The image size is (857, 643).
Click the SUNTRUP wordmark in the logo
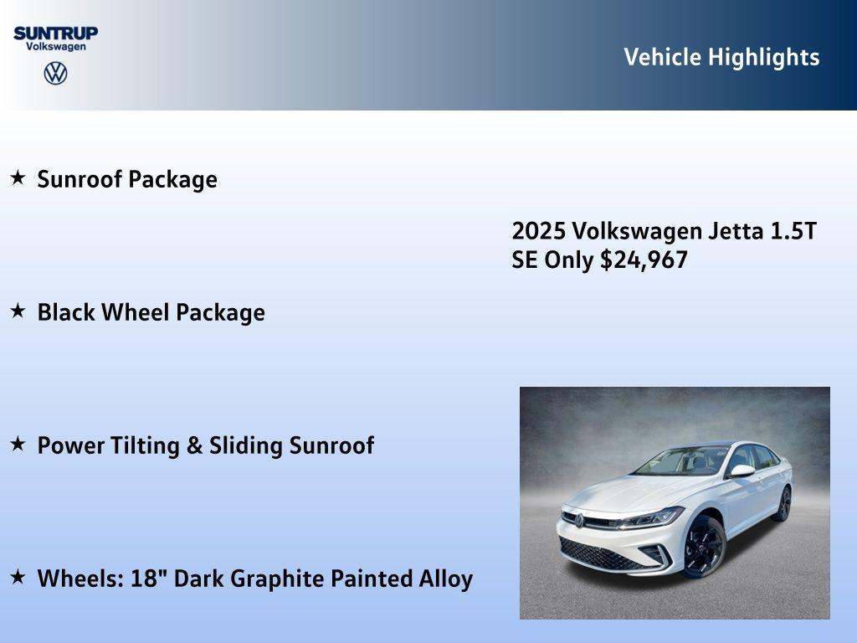point(55,33)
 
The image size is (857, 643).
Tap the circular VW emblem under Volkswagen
point(55,74)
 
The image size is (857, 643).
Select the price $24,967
point(644,260)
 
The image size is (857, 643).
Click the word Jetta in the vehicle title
point(734,231)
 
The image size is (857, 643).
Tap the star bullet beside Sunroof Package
point(18,177)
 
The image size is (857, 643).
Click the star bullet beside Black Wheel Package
point(18,311)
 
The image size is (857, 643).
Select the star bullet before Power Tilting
point(18,444)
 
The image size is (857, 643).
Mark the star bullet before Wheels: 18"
point(18,577)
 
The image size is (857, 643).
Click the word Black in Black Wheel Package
point(66,312)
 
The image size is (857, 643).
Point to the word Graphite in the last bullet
point(279,579)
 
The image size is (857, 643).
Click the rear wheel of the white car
point(783,503)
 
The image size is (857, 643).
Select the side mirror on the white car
point(742,471)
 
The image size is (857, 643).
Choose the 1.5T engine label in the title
point(793,231)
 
